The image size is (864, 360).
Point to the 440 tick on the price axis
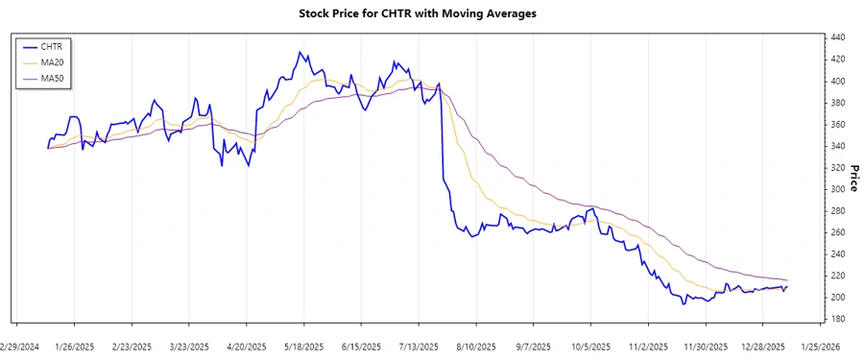(x=836, y=37)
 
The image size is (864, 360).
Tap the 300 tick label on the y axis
(x=836, y=189)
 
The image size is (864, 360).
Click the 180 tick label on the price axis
(x=836, y=319)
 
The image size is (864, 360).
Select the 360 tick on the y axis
(x=836, y=124)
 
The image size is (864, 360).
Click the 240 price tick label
(x=836, y=253)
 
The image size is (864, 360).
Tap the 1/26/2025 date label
(x=74, y=347)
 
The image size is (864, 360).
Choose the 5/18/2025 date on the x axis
(x=303, y=347)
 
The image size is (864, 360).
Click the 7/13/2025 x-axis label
(x=418, y=347)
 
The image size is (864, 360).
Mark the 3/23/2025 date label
(x=188, y=347)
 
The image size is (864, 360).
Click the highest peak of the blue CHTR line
(x=303, y=53)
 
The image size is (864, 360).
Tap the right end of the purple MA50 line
(x=787, y=279)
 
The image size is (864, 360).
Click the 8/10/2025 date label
(x=475, y=347)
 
